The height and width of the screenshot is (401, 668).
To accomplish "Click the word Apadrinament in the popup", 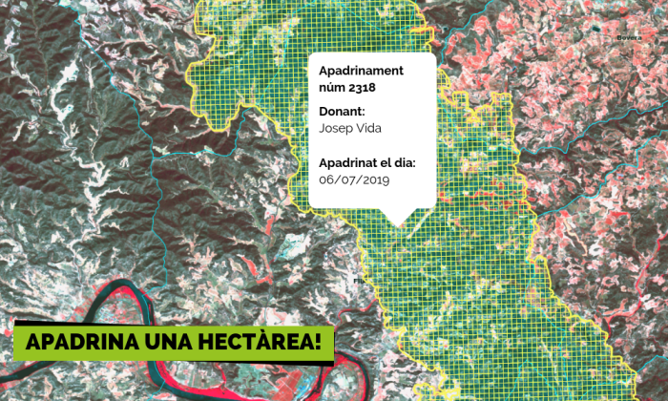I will click(361, 71).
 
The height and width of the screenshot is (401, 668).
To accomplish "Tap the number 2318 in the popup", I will click(362, 87).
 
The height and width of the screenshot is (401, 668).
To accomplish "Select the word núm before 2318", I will click(331, 87).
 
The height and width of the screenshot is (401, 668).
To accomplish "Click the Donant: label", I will click(342, 111).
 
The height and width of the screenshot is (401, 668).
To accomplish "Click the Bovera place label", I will click(629, 38).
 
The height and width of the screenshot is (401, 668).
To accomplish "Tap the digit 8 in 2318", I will click(371, 87).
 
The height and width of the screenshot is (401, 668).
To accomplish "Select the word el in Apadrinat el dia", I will click(383, 163).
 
